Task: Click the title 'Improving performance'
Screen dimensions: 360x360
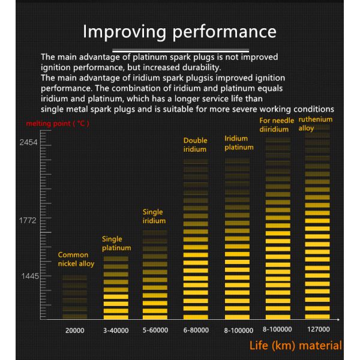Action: click(x=179, y=31)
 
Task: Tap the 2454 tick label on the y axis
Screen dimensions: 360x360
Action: click(x=28, y=143)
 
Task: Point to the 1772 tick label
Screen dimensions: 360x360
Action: click(x=28, y=221)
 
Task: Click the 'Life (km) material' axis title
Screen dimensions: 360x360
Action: click(x=296, y=346)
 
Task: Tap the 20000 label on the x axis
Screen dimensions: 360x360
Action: click(x=75, y=330)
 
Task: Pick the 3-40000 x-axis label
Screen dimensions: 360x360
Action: click(x=116, y=330)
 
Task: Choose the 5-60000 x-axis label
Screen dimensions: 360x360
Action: click(x=155, y=330)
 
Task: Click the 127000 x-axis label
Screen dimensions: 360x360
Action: click(x=319, y=329)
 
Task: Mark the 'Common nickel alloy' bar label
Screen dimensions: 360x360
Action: click(x=76, y=259)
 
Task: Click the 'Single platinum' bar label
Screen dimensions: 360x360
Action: click(x=116, y=243)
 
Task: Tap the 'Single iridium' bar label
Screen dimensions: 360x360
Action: click(x=154, y=217)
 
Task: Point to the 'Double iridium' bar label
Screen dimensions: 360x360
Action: click(x=195, y=145)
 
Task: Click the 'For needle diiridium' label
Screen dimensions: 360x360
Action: click(x=277, y=125)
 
